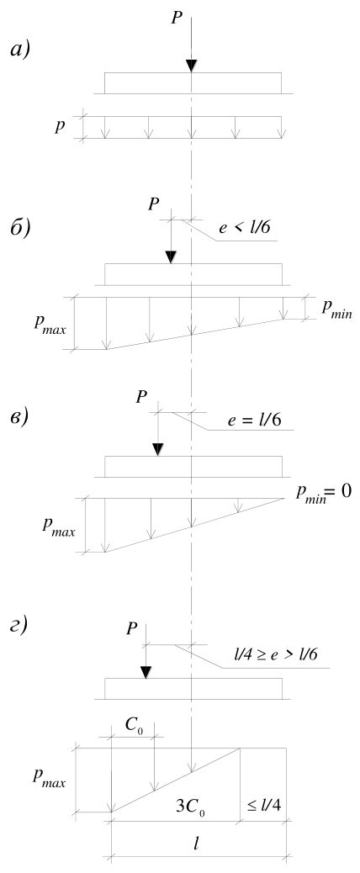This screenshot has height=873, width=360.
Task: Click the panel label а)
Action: click(21, 50)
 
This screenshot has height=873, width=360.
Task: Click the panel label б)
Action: click(21, 228)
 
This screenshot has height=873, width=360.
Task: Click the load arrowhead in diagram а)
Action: click(191, 65)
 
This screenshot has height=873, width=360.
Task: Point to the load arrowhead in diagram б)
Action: click(172, 257)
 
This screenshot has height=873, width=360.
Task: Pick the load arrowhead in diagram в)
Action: click(159, 449)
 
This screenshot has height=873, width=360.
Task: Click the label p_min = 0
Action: click(323, 493)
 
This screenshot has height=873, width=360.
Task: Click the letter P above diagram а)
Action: click(177, 18)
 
